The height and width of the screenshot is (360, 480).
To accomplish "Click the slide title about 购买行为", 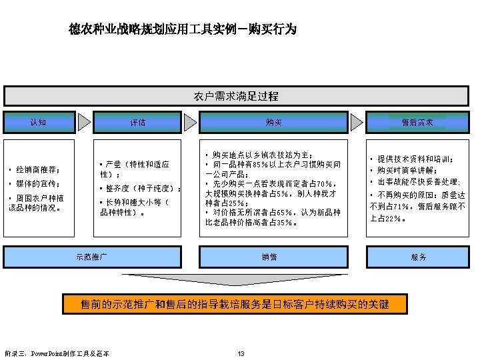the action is coord(183,30).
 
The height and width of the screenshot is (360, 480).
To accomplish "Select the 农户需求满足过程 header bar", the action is coord(237,97).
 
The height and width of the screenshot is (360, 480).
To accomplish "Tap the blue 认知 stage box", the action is coord(38,122).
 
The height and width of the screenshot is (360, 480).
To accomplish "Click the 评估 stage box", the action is coord(138,123).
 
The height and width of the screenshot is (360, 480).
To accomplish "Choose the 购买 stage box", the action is coord(273,123).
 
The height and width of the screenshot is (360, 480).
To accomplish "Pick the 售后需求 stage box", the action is coord(417,123).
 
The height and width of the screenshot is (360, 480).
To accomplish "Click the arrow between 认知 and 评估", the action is coord(84,122).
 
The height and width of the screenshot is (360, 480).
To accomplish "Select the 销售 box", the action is coord(269,257).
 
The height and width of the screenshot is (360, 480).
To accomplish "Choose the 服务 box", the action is coord(419,257).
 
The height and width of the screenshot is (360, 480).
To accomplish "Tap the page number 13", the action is coord(241,353).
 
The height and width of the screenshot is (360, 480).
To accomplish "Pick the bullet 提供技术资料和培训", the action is coord(414,159).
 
